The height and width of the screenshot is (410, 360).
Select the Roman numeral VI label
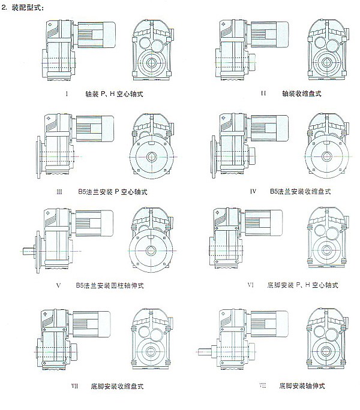(250, 285)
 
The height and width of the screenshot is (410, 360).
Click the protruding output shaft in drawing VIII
(204, 349)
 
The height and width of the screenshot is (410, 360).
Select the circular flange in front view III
(150, 158)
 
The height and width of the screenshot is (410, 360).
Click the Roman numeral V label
(58, 285)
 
